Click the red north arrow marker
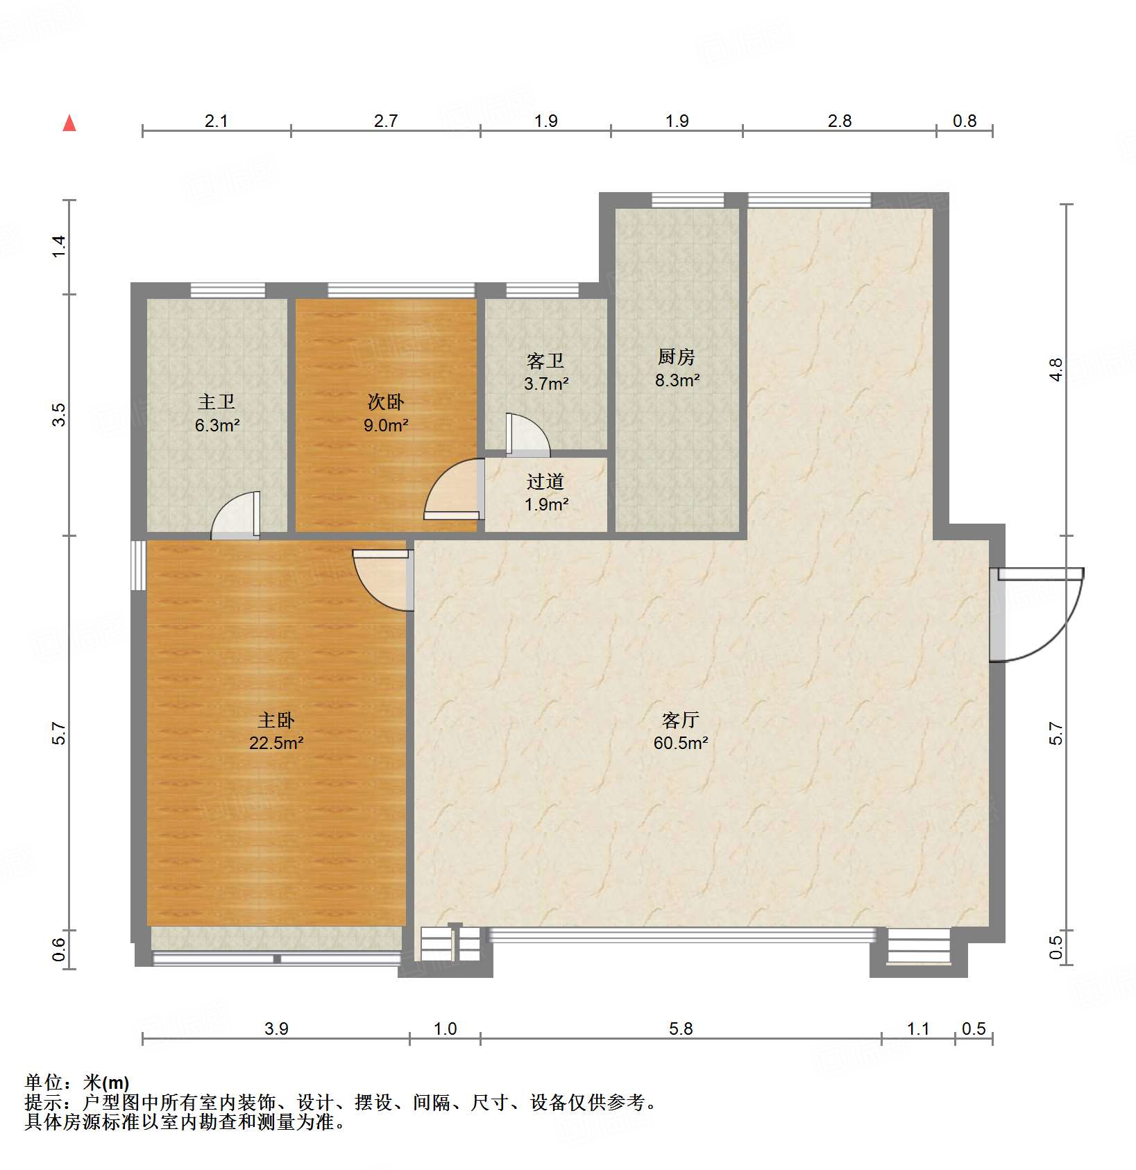pyautogui.click(x=69, y=123)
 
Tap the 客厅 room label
pyautogui.click(x=680, y=720)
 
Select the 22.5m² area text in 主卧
pyautogui.click(x=276, y=743)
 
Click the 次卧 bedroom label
pyautogui.click(x=386, y=402)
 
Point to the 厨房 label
pyautogui.click(x=677, y=357)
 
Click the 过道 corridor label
pyautogui.click(x=545, y=481)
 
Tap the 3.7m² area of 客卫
pyautogui.click(x=546, y=384)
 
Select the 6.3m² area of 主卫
pyautogui.click(x=217, y=425)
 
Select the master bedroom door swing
pyautogui.click(x=380, y=578)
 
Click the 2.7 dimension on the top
pyautogui.click(x=386, y=121)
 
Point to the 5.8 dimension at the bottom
pyautogui.click(x=681, y=1029)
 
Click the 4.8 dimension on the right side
pyautogui.click(x=1056, y=369)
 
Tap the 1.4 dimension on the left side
pyautogui.click(x=59, y=246)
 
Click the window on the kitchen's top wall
pyautogui.click(x=687, y=200)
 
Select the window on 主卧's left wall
pyautogui.click(x=139, y=565)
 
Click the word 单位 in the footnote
pyautogui.click(x=44, y=1082)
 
